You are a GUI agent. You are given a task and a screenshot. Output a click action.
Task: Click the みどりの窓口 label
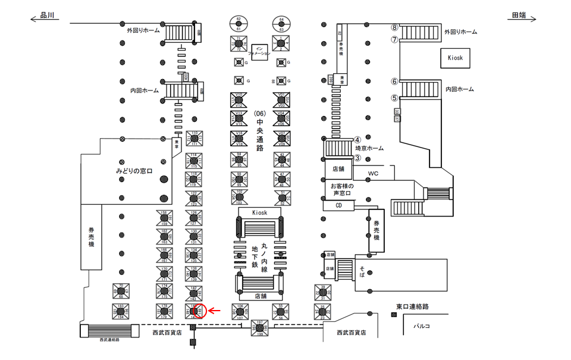tap(134, 171)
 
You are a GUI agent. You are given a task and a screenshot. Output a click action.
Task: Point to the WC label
tap(374, 174)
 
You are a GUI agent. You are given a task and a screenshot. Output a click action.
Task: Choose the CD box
tap(338, 205)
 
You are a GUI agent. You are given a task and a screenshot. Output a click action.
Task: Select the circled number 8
tap(394, 27)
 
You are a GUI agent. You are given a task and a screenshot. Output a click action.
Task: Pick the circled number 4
tap(357, 140)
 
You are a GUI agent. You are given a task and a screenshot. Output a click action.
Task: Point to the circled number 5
tap(394, 98)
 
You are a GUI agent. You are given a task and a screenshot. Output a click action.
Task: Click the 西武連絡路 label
tap(109, 339)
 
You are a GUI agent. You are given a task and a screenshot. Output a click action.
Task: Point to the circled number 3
tap(357, 158)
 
